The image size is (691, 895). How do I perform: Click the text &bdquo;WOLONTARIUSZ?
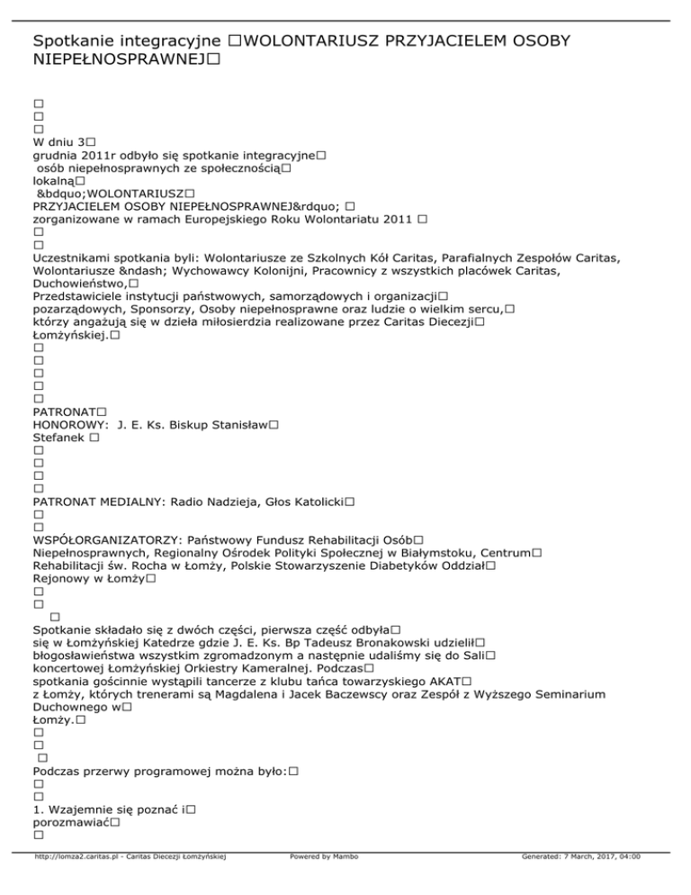(x=111, y=194)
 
